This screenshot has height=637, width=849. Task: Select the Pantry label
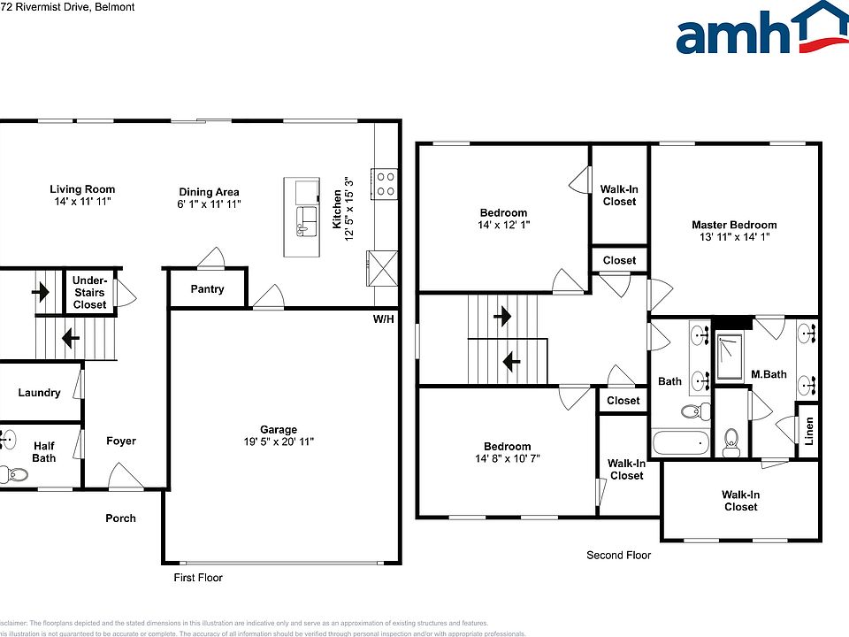[x=207, y=289]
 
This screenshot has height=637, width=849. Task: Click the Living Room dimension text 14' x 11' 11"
[x=81, y=203]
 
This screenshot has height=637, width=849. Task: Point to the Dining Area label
[x=209, y=192]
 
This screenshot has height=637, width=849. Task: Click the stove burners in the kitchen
[x=386, y=183]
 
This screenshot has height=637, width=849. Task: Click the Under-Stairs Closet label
[x=89, y=293]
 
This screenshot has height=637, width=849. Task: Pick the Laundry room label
[x=39, y=393]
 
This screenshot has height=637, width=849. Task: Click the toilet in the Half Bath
[x=15, y=475]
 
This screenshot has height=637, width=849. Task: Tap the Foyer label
[x=121, y=441]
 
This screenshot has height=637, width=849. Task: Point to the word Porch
[x=121, y=518]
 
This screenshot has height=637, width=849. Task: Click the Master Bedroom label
[x=734, y=225]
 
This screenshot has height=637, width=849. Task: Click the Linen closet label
[x=809, y=431]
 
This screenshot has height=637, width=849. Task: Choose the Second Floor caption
[x=619, y=556]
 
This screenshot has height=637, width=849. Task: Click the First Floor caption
[x=197, y=578]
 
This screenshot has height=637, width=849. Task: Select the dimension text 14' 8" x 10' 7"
[x=507, y=459]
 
